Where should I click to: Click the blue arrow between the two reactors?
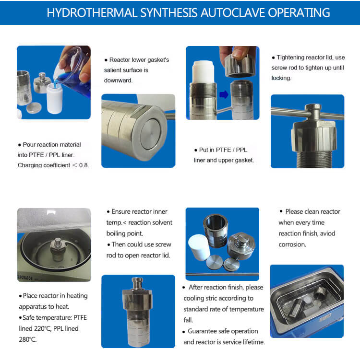point(224,94)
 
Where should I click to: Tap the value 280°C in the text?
point(29,339)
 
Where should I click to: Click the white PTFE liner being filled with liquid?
point(56,98)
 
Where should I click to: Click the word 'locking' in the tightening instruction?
point(281,78)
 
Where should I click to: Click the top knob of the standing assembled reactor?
point(138,281)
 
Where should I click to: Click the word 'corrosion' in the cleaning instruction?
point(292,244)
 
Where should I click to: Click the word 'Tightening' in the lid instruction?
point(295,58)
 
